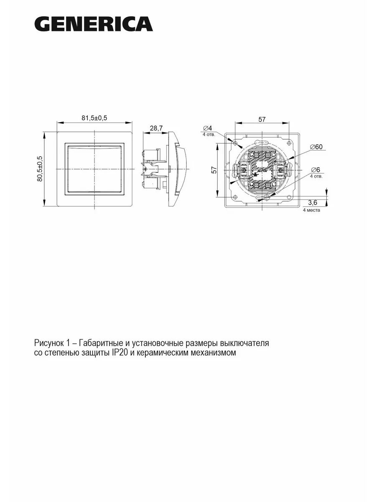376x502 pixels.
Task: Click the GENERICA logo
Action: point(94,24)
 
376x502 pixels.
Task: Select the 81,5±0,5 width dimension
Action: point(94,118)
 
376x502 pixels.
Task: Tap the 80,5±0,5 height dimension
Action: point(40,169)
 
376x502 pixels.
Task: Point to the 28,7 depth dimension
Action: point(156,128)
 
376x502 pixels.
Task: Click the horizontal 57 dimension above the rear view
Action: point(262,119)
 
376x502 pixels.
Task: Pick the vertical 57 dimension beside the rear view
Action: point(214,170)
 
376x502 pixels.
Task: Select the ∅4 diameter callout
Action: point(208,128)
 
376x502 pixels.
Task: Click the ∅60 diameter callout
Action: point(317,146)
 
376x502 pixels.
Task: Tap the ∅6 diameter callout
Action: point(315,169)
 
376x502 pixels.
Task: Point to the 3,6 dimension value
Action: point(312,202)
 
